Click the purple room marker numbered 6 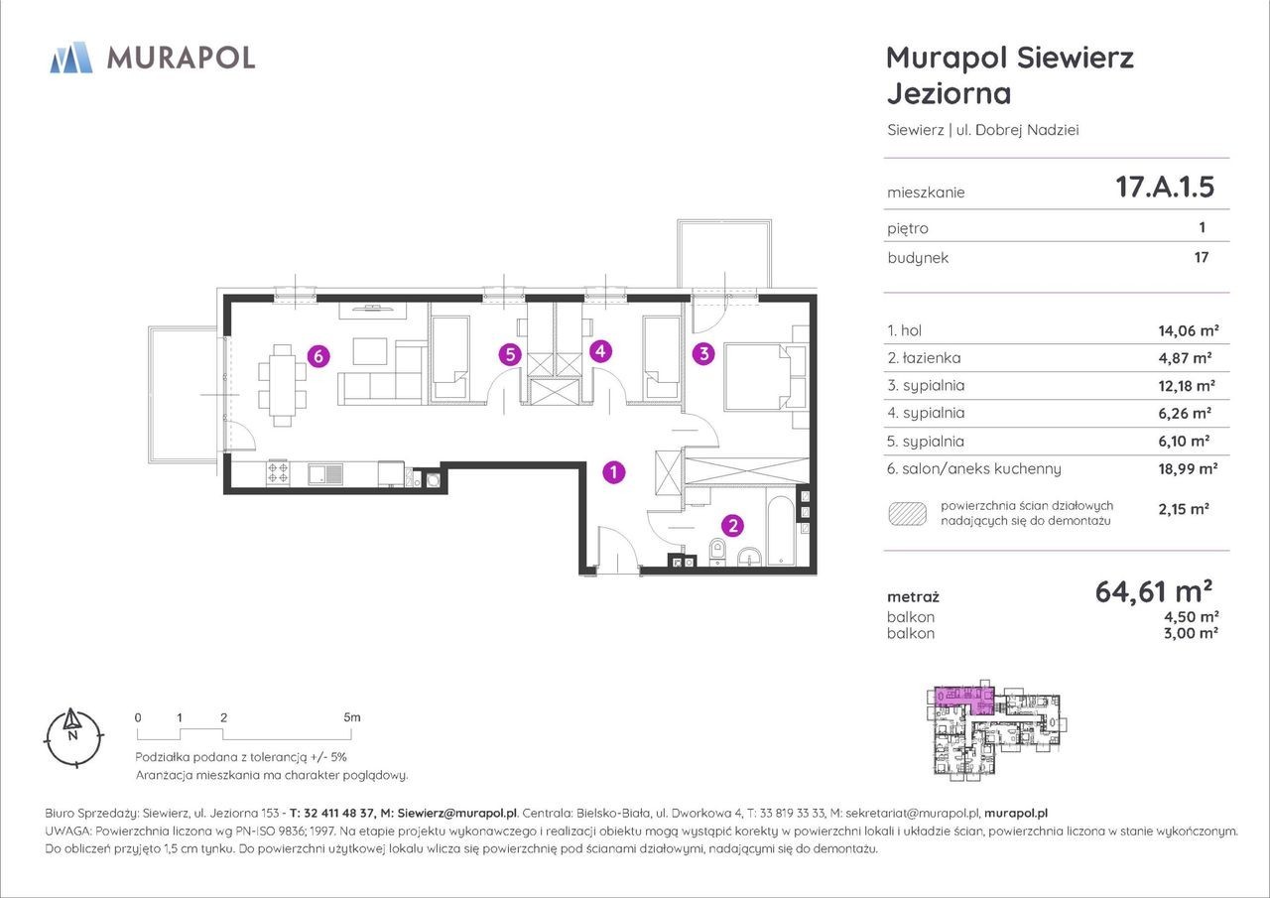point(318,356)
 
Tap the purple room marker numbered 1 point(613,471)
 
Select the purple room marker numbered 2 point(732,526)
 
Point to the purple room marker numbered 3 point(703,354)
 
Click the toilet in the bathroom point(717,552)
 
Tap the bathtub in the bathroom point(784,531)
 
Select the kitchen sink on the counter point(325,474)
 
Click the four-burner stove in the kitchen point(278,474)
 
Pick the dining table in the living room point(283,386)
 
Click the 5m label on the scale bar point(351,717)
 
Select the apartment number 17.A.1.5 point(1165,187)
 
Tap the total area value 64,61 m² point(1154,591)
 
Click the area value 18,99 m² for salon point(1188,468)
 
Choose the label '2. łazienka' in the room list point(924,358)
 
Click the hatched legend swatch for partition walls point(908,514)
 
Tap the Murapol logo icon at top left point(71,58)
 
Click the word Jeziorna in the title point(950,94)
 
